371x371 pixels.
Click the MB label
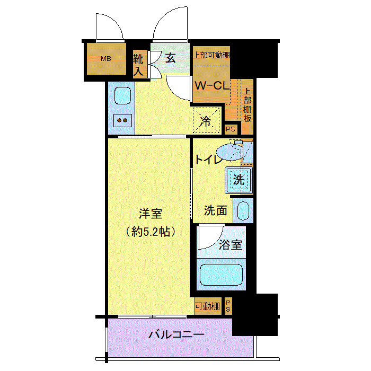coord(106,58)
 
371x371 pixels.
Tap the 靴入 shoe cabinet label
coord(138,65)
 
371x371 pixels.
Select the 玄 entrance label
coord(170,58)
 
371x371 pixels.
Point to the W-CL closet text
coord(212,85)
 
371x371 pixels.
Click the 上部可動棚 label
coord(211,55)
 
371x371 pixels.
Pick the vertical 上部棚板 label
coord(248,105)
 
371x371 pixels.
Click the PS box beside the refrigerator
coord(231,129)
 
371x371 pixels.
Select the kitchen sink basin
coord(122,95)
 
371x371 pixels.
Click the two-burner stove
coord(122,120)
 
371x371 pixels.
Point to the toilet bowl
coord(229,152)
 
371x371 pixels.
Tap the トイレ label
coord(208,160)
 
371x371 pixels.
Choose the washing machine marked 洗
coord(238,180)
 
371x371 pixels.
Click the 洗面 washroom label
coord(216,210)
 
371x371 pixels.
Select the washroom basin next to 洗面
coord(243,210)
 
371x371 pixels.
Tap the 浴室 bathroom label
coord(231,245)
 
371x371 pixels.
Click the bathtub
coord(221,275)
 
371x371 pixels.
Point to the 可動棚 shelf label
coord(208,306)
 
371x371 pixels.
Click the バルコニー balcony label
coord(176,334)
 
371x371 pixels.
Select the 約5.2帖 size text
coord(151,232)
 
